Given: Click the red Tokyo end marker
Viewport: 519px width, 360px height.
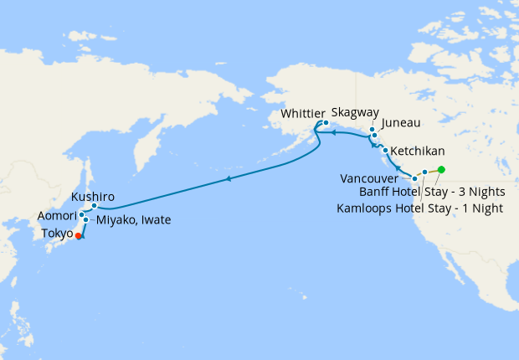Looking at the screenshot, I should tap(78, 236).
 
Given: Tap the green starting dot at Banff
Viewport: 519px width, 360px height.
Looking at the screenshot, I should tap(441, 171).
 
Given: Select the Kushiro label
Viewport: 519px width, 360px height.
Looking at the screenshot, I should tap(93, 197).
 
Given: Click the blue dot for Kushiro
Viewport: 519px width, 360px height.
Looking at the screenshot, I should tap(95, 206).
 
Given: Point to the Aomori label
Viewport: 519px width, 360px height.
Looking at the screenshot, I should tap(57, 216).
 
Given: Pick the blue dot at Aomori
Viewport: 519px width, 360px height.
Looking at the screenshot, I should tap(81, 215).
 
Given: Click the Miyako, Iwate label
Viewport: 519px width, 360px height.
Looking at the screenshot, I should tap(133, 220).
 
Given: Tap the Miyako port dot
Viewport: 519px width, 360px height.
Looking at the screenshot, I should tap(86, 220).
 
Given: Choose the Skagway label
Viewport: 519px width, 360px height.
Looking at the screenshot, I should tap(355, 111).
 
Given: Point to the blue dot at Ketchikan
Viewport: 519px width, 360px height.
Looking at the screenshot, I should tap(385, 151).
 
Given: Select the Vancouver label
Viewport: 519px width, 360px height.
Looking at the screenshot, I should tap(374, 178).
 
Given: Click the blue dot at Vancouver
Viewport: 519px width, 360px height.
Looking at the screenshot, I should tap(414, 179).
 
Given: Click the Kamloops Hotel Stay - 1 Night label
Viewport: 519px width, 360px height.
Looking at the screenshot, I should tap(420, 208).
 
